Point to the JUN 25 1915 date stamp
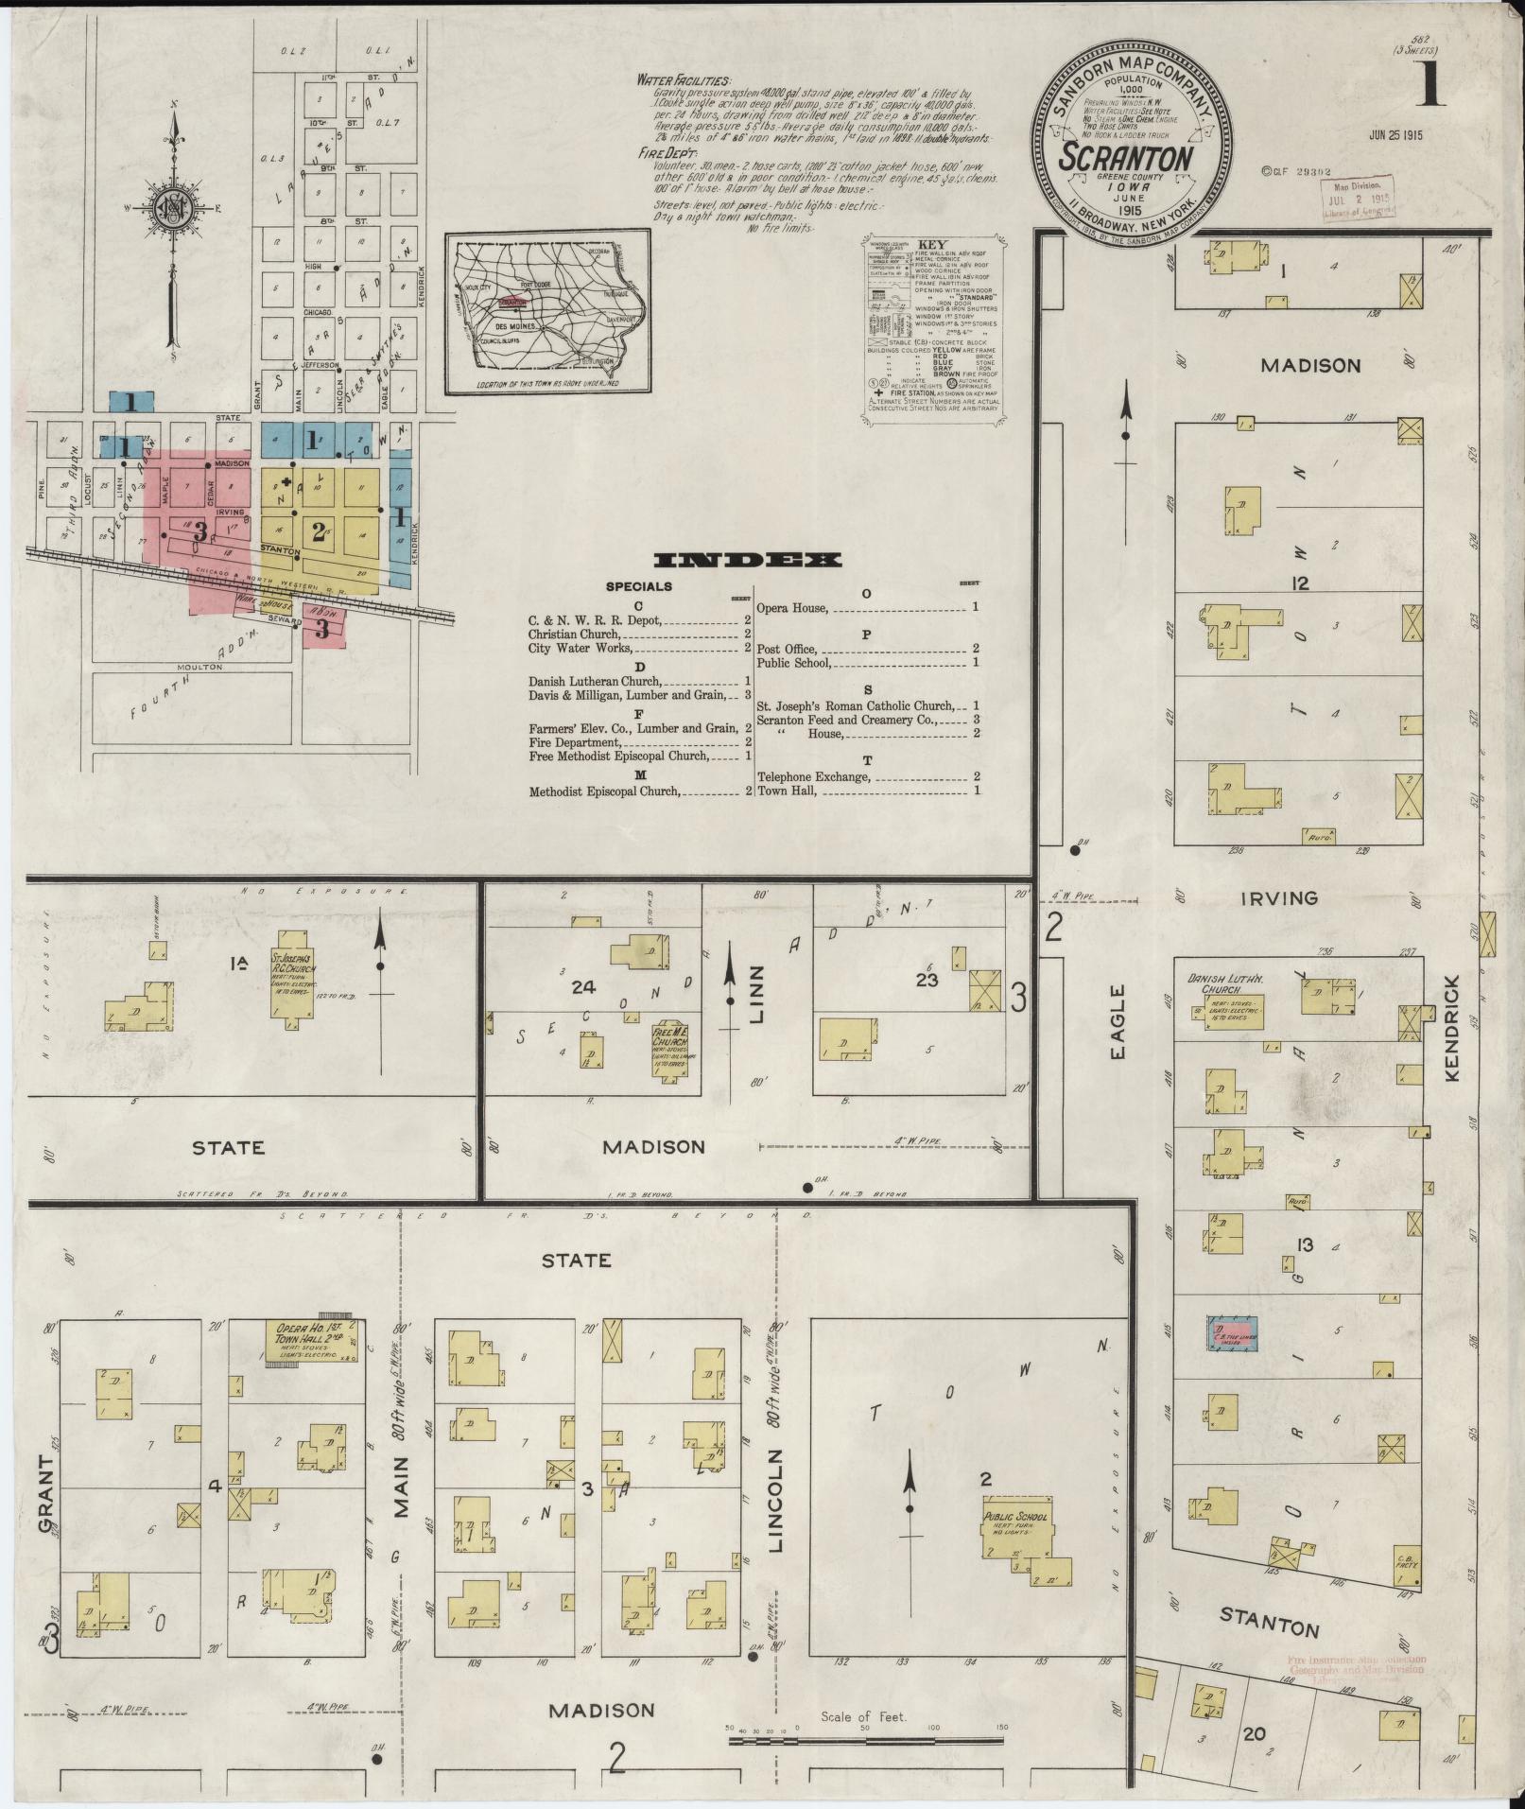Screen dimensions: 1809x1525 [1395, 135]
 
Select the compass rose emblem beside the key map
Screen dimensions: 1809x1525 [175, 211]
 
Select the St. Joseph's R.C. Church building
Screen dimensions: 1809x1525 [291, 985]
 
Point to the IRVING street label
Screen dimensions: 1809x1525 [1278, 897]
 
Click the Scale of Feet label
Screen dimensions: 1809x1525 [863, 1716]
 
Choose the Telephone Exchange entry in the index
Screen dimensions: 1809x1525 [812, 776]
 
